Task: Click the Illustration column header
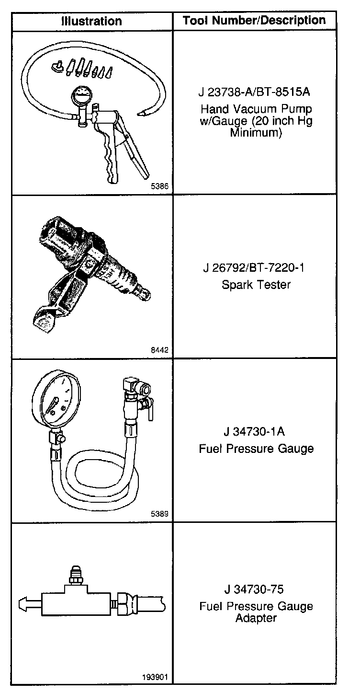pyautogui.click(x=91, y=21)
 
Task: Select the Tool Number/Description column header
pyautogui.click(x=254, y=20)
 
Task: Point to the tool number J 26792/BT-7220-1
pyautogui.click(x=254, y=267)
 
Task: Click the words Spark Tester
pyautogui.click(x=256, y=285)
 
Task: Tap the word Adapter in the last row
pyautogui.click(x=256, y=618)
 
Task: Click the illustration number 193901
pyautogui.click(x=156, y=677)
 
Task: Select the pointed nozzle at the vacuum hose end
pyautogui.click(x=142, y=114)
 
